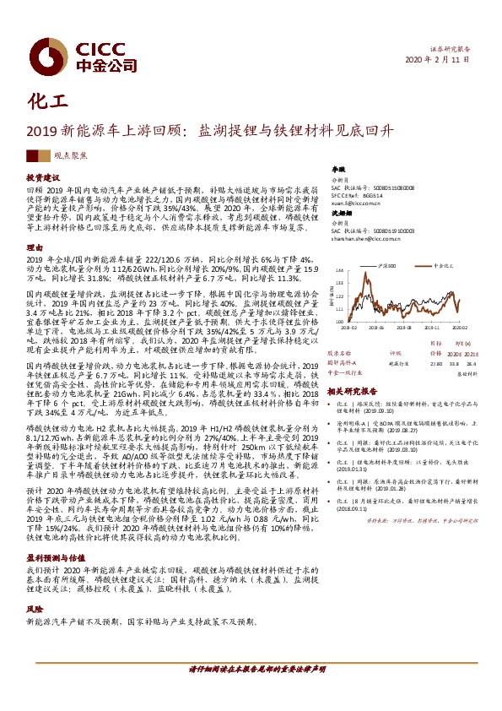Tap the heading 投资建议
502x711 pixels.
pos(40,178)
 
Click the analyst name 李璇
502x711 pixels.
pos(338,170)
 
